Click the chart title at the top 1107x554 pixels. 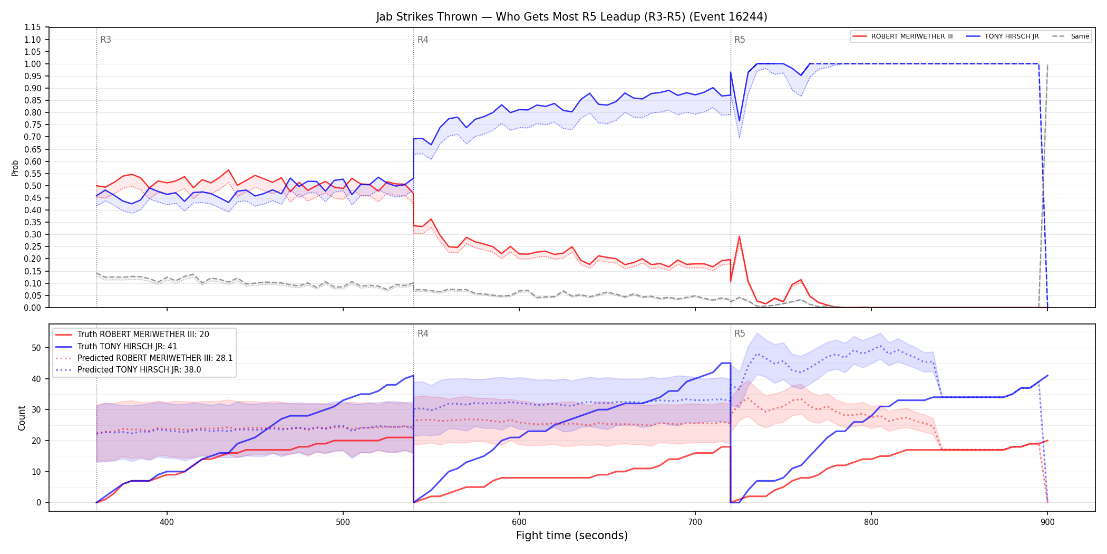[x=571, y=17]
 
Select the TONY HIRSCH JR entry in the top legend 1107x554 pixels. [x=1002, y=36]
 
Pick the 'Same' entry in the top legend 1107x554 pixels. [x=1071, y=36]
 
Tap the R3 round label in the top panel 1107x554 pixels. [x=105, y=40]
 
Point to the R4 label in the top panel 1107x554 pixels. [x=423, y=40]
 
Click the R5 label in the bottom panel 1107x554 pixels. [x=740, y=333]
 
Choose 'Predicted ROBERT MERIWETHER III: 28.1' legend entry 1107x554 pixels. [x=143, y=358]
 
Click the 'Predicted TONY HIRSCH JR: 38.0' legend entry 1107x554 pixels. [x=128, y=369]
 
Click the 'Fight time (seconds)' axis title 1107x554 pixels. [x=572, y=536]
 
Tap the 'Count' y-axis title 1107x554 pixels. [x=22, y=418]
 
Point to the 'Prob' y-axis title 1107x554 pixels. [x=15, y=168]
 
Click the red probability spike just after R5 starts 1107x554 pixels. [x=739, y=236]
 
